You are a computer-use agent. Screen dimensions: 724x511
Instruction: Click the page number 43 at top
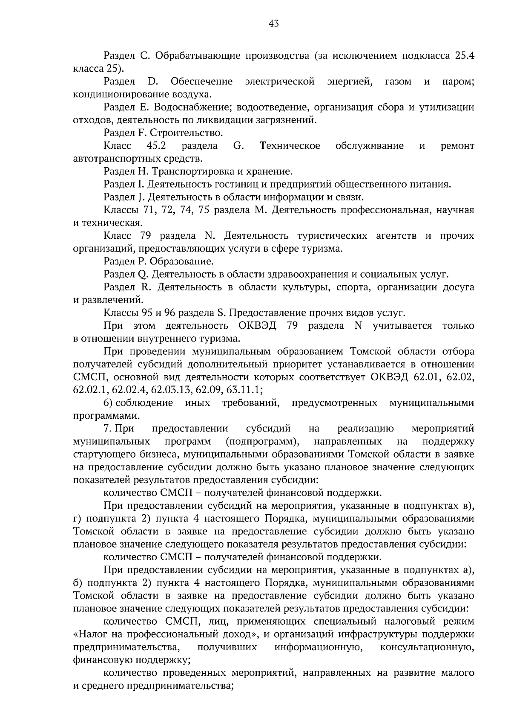coord(273,24)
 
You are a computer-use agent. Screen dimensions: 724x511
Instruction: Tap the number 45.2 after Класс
coord(156,146)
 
